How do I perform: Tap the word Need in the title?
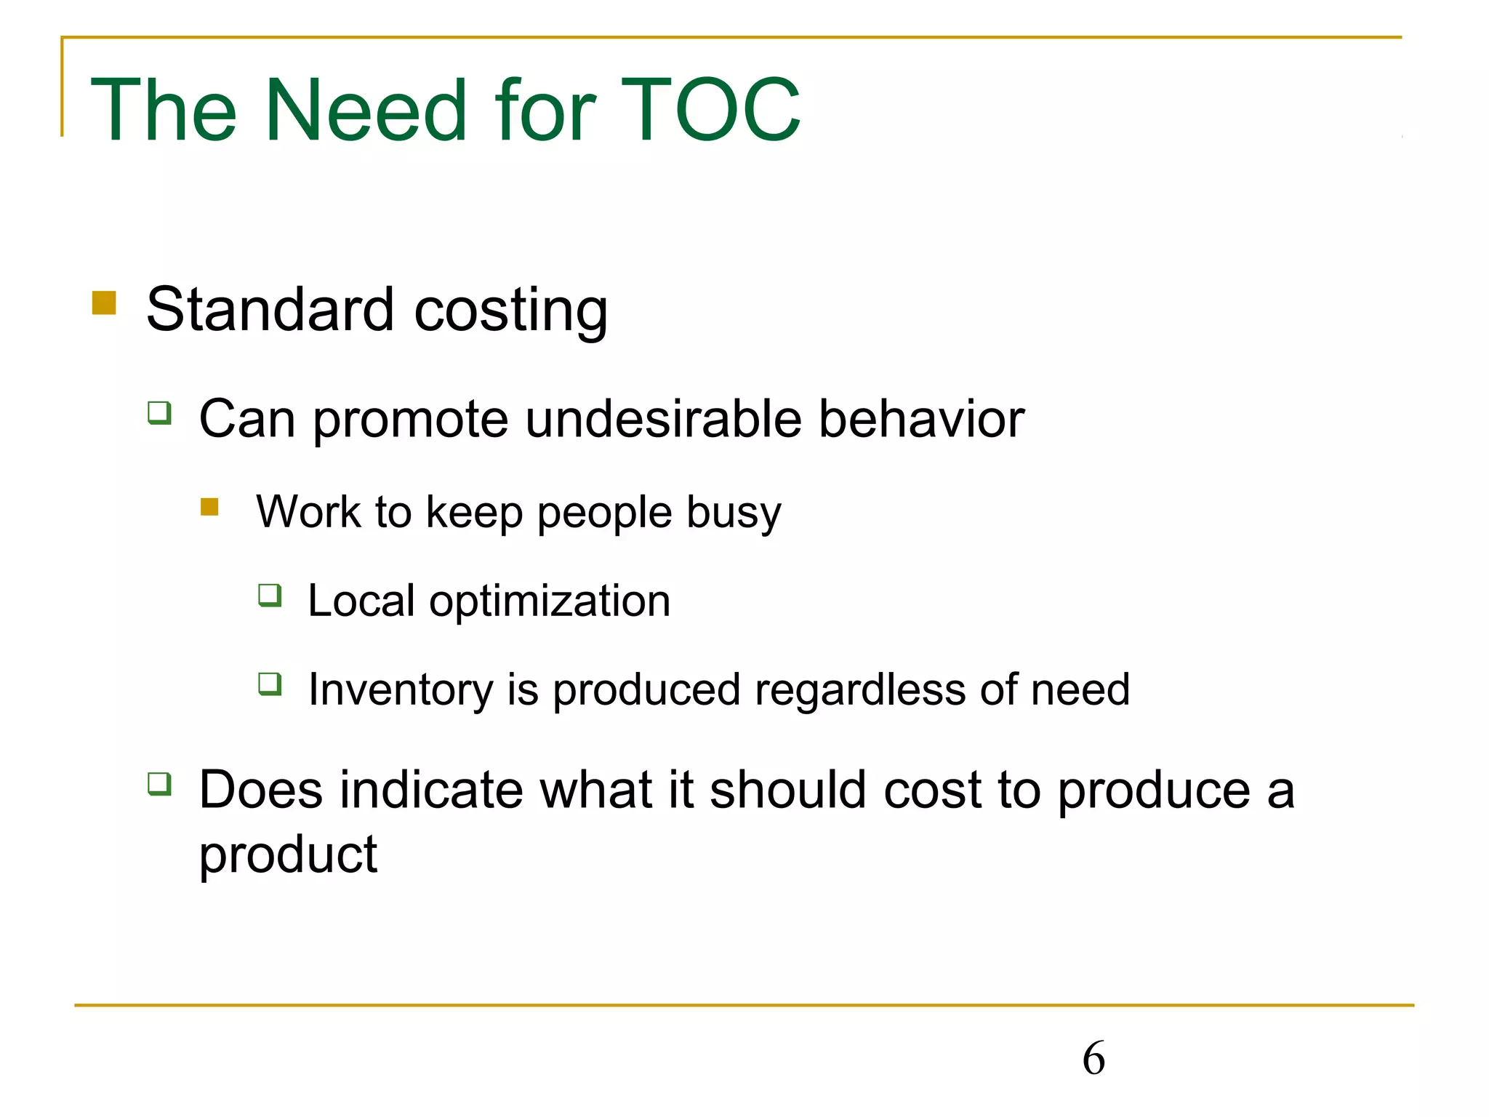366,111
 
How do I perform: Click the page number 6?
1093,1058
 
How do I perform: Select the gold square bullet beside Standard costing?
104,303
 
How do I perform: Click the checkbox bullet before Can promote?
159,413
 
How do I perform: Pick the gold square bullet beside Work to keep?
209,506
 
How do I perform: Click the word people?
604,513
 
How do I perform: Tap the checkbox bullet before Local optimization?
270,596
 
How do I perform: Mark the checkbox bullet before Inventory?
270,684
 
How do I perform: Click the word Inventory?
401,690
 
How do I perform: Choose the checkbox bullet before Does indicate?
159,784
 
